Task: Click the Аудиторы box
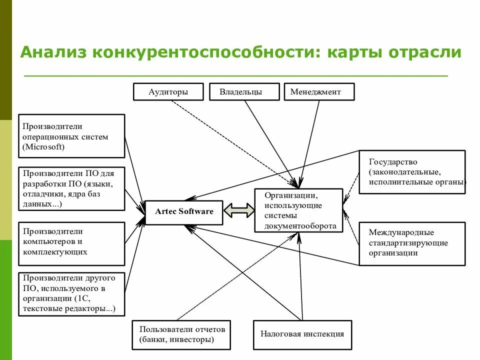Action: (168, 92)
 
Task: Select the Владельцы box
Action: (241, 92)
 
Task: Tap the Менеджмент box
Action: (319, 92)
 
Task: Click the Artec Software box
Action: (184, 211)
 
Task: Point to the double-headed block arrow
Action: (239, 210)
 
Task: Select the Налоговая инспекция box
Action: (302, 333)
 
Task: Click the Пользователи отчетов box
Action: (182, 334)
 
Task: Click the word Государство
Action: (393, 162)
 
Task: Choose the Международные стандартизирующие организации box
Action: (411, 243)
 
